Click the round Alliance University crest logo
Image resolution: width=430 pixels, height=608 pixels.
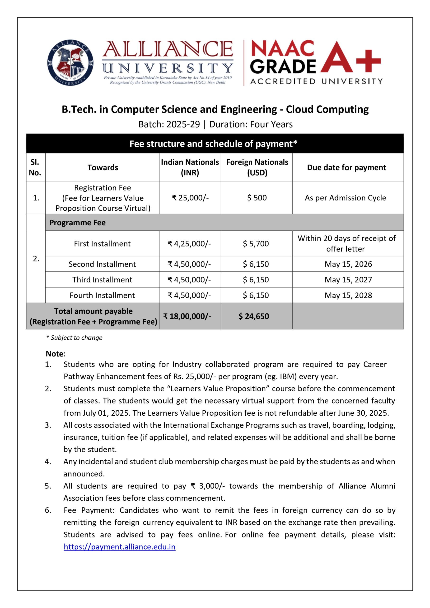(70, 63)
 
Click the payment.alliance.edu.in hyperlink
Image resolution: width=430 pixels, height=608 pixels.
(119, 547)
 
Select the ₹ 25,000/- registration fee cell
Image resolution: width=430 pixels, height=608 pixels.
(190, 198)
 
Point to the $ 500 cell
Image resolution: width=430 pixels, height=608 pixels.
(257, 198)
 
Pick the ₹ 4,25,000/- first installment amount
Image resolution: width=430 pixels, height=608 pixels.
(189, 243)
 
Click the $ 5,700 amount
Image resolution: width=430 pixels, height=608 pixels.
(256, 243)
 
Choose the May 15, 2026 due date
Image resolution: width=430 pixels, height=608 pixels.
(348, 264)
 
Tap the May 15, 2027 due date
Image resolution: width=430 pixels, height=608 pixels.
(348, 280)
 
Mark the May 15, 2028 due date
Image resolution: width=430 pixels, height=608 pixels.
(348, 295)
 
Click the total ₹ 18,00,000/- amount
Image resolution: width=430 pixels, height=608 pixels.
(187, 316)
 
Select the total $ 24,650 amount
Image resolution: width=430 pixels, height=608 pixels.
(253, 316)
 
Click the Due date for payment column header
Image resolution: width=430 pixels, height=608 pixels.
(346, 167)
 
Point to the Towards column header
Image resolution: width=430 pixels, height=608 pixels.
(103, 167)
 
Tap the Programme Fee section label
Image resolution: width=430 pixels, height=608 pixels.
(77, 223)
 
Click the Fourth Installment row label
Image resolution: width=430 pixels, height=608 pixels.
(102, 295)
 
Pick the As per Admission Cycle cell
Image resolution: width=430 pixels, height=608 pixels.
(345, 198)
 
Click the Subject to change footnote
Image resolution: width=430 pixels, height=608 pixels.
(75, 337)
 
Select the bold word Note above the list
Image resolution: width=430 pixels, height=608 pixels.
(55, 354)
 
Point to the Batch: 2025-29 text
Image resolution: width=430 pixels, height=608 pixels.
(169, 124)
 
